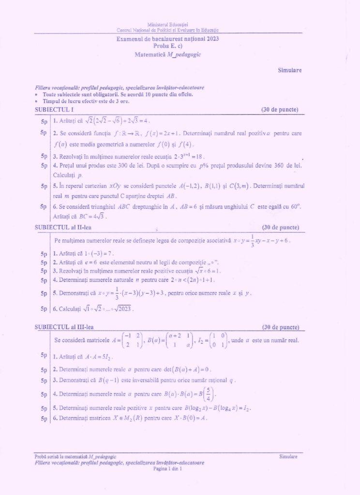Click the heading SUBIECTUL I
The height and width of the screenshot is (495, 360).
54,110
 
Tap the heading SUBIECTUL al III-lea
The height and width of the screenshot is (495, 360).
61,327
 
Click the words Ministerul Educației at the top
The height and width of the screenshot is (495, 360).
168,24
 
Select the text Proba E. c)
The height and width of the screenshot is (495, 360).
168,46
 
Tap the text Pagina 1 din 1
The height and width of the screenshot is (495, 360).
167,468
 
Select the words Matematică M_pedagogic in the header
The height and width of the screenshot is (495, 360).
168,55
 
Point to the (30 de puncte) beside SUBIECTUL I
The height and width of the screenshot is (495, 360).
280,110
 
